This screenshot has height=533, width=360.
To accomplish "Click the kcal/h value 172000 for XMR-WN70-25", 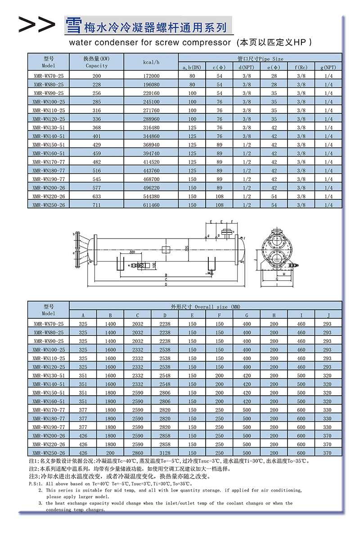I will click(151, 76).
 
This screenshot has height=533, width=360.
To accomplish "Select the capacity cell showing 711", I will click(97, 205).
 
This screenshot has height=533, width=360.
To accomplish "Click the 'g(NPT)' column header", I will click(328, 68).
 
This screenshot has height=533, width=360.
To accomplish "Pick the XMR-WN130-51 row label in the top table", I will click(49, 128).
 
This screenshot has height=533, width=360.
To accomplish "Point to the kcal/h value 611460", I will click(151, 205).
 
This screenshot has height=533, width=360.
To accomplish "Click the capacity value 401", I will click(97, 136).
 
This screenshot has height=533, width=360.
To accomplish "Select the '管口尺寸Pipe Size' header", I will click(260, 59).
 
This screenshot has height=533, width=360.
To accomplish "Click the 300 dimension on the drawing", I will click(132, 252).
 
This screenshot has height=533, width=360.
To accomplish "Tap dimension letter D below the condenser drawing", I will click(166, 285).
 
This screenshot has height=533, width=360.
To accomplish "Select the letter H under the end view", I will click(284, 274).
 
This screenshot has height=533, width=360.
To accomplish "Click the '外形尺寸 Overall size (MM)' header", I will click(206, 307).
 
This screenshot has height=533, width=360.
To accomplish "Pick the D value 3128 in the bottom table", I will click(165, 453).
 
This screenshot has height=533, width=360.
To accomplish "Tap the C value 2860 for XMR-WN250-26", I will click(138, 453).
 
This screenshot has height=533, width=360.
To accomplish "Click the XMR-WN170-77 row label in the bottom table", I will click(49, 410).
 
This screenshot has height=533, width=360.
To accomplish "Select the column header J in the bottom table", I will click(328, 315).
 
